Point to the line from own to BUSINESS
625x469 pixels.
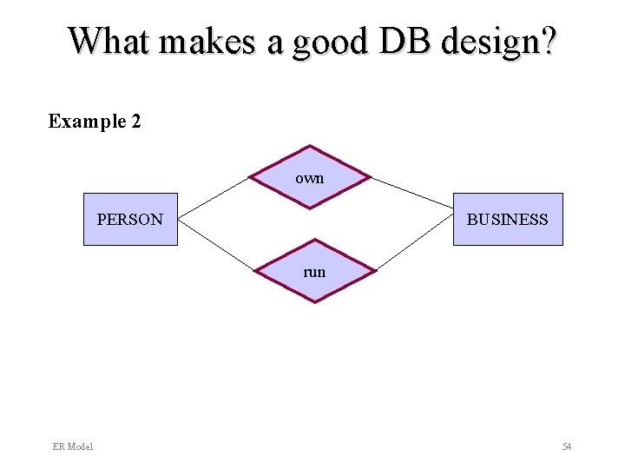(x=412, y=192)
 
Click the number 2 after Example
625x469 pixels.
(x=136, y=122)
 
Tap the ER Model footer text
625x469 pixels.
(x=73, y=446)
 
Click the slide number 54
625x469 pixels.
(x=567, y=446)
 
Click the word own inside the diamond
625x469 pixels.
(x=310, y=178)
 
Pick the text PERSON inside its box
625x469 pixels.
(x=130, y=220)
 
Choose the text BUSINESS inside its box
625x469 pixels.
(x=508, y=220)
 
